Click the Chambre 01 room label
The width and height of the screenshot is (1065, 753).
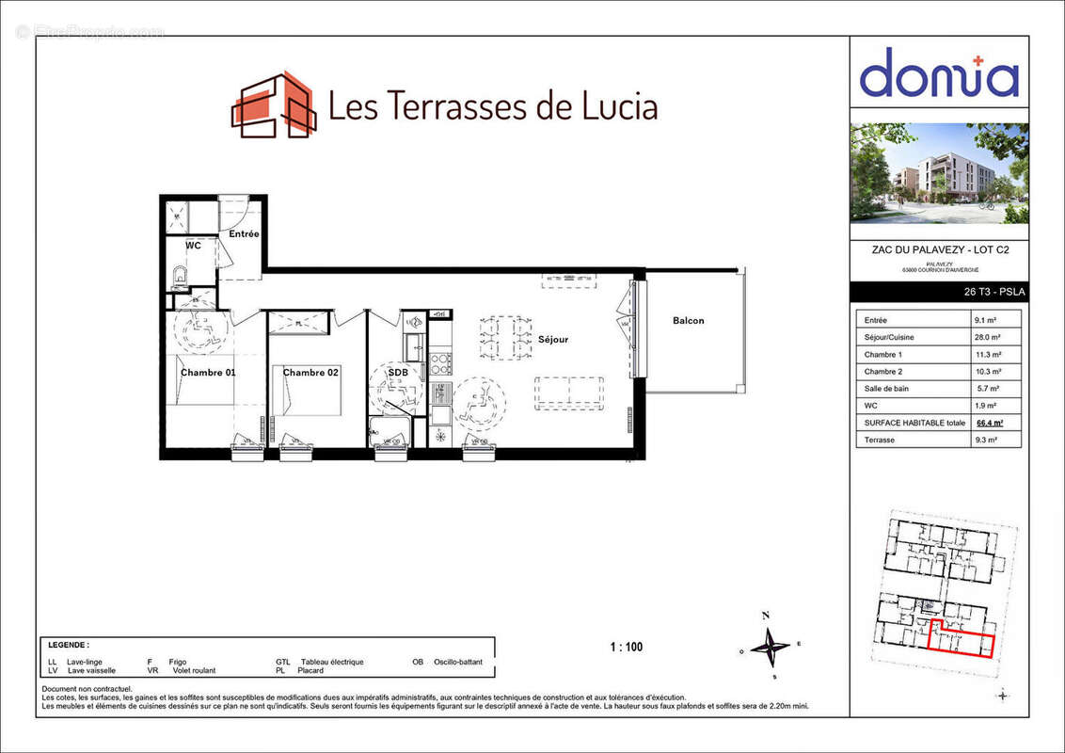208,373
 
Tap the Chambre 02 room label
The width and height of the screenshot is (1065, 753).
310,373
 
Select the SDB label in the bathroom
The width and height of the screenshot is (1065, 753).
398,373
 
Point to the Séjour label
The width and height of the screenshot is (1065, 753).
553,340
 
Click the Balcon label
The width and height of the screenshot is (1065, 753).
688,321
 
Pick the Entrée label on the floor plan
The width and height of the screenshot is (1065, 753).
244,233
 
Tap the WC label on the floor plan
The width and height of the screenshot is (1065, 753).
193,246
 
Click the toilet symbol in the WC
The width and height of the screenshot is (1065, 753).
181,277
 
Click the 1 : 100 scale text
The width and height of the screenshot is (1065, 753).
627,648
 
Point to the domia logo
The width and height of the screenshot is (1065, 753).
939,73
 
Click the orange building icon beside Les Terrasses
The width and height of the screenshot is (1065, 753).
273,104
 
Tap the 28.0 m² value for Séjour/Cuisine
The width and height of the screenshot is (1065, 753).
987,337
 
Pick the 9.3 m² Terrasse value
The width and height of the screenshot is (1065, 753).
987,441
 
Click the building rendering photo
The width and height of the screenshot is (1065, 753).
939,173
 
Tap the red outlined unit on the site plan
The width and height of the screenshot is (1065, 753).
961,642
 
